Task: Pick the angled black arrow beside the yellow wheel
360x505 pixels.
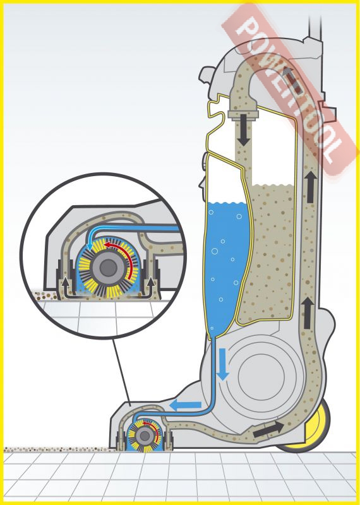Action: [x=268, y=430]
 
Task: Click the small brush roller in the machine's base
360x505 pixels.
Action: [x=145, y=436]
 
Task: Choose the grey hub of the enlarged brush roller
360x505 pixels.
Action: [x=108, y=267]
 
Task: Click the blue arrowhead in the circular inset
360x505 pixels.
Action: [x=90, y=247]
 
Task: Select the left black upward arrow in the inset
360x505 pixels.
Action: [x=66, y=285]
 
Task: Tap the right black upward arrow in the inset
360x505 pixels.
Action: [x=150, y=285]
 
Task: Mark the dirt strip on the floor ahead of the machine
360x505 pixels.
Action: [x=56, y=449]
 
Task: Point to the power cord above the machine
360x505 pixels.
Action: [x=315, y=27]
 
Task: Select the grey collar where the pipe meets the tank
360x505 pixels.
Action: [x=243, y=114]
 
